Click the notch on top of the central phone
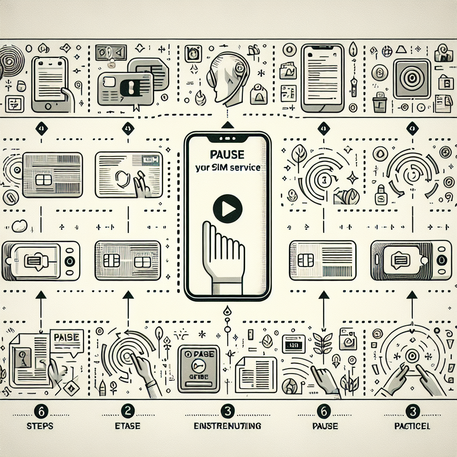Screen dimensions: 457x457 (228, 136)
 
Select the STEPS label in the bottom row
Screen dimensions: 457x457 (39, 426)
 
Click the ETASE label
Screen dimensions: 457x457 (128, 426)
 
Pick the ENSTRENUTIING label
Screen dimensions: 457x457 (228, 426)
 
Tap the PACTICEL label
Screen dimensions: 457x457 (412, 426)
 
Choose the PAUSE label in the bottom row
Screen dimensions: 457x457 (325, 426)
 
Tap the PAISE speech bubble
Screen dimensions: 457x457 (66, 338)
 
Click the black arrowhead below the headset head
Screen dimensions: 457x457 (228, 125)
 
